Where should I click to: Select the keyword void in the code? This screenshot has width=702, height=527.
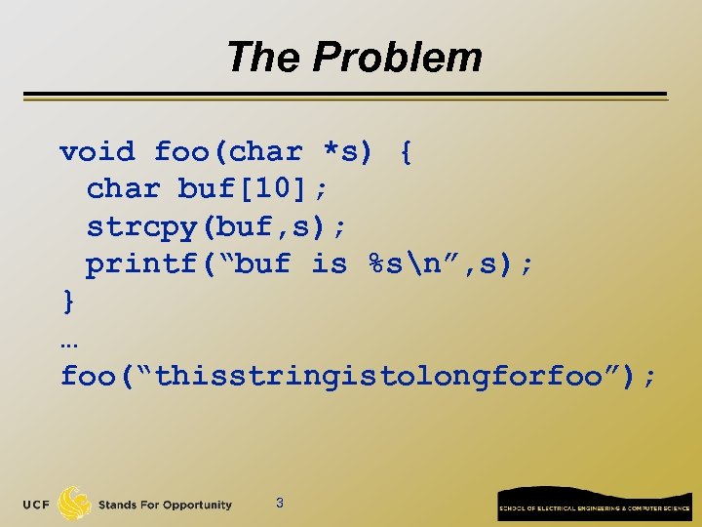coord(97,152)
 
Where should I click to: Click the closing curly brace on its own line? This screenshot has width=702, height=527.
coord(67,302)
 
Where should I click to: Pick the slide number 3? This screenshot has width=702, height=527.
coord(280,504)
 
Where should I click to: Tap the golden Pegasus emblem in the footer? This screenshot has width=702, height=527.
coord(75,504)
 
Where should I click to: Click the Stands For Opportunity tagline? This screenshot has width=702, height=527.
coord(165,505)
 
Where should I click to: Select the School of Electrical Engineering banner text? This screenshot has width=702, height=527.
coord(595,508)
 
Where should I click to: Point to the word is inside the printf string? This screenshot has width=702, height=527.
coord(330,264)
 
